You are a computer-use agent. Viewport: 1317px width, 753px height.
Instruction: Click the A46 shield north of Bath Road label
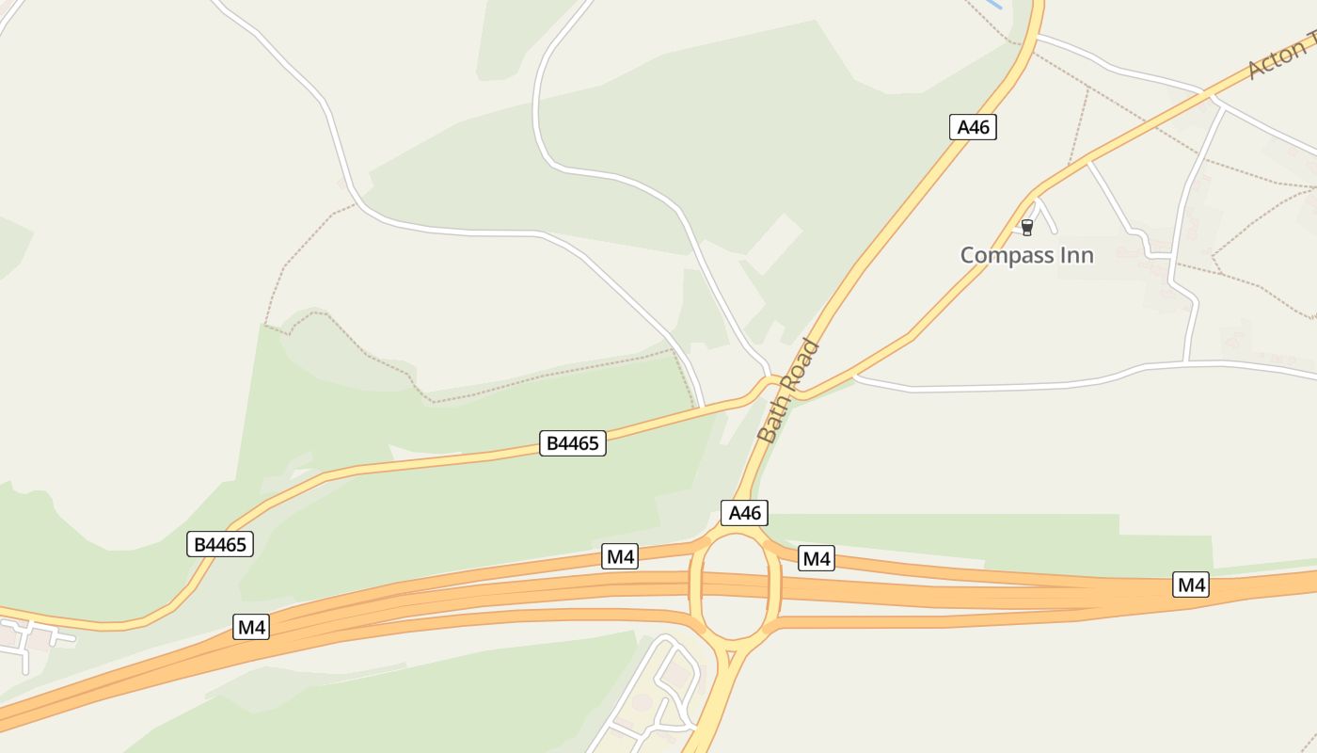click(973, 127)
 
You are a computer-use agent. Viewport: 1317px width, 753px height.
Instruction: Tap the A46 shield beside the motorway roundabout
click(744, 513)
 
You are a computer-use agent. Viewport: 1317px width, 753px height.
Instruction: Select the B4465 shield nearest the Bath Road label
click(572, 443)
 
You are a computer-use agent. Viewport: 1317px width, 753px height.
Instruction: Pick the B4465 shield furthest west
click(220, 544)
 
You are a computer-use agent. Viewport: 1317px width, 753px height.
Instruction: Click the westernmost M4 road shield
click(251, 627)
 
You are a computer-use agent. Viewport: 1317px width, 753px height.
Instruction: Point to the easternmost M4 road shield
click(1191, 585)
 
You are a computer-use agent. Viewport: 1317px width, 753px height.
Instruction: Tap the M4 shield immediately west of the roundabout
click(620, 556)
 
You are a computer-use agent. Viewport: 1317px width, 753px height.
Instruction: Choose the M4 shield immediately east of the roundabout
click(816, 558)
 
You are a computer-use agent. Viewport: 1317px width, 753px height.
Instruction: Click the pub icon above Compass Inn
click(1026, 227)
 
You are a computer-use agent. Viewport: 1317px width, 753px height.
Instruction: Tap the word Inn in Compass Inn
click(1072, 255)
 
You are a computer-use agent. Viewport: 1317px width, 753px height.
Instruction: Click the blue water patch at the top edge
click(992, 4)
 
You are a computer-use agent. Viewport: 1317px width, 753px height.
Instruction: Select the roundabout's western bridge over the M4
click(696, 588)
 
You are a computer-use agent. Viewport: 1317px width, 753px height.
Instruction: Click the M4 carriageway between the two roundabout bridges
click(736, 587)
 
